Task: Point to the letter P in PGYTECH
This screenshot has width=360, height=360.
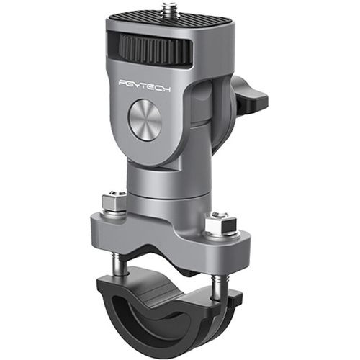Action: [x=122, y=84]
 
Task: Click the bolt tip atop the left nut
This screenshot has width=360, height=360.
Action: [x=112, y=193]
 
